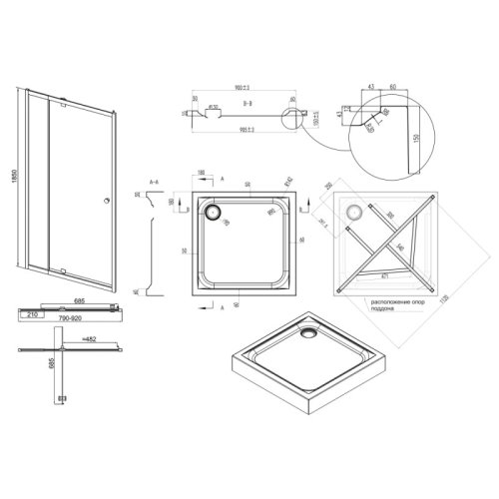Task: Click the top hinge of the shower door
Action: point(61,104)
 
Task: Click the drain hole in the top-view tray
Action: point(213,211)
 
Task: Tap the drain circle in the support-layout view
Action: point(353,211)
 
